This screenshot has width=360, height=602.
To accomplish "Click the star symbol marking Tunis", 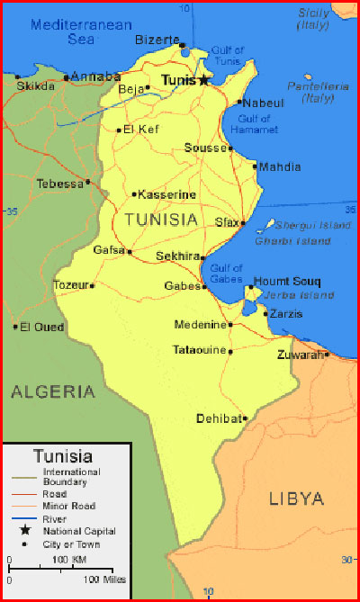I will pyautogui.click(x=203, y=80).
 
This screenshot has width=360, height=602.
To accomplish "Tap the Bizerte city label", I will pyautogui.click(x=157, y=40).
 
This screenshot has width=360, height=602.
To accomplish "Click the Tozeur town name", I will pyautogui.click(x=72, y=285).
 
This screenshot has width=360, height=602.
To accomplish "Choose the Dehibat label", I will pyautogui.click(x=219, y=418).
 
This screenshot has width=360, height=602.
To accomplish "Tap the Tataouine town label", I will pyautogui.click(x=199, y=350).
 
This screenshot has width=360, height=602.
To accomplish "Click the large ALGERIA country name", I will pyautogui.click(x=53, y=391).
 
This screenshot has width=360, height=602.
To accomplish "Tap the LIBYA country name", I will pyautogui.click(x=296, y=499).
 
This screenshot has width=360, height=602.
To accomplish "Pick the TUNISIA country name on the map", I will pyautogui.click(x=162, y=219).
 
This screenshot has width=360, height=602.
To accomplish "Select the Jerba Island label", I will pyautogui.click(x=294, y=295).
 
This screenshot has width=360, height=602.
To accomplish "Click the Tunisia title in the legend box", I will pyautogui.click(x=62, y=455).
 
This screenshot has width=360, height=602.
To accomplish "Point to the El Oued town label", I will pyautogui.click(x=42, y=327).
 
